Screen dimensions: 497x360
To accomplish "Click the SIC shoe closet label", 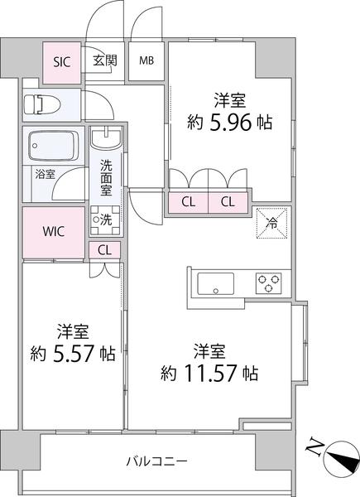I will coord(61,60).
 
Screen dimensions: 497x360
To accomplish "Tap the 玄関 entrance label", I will coord(104,60).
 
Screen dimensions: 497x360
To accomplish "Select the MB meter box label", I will coord(146,60).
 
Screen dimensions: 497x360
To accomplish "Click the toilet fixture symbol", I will coord(40,105).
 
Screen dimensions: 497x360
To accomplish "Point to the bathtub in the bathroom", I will coord(54,147).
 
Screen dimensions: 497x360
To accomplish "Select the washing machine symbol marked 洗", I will coord(105,220).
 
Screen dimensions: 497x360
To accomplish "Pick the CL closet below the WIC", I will coord(104,249).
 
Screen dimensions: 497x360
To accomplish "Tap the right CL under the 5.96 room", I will coord(228,201).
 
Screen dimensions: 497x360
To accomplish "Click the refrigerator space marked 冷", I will coord(271,221).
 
